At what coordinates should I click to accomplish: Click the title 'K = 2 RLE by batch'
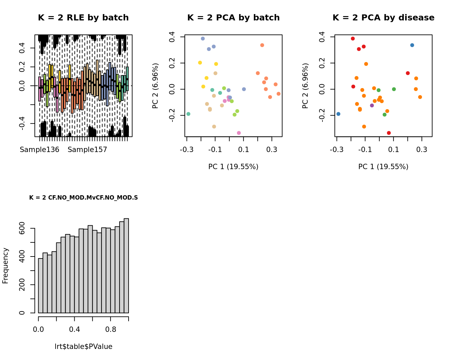(83, 18)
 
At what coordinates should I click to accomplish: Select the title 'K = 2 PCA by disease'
(383, 18)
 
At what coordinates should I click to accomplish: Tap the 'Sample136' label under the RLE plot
(40, 150)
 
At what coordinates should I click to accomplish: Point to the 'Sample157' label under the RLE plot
(87, 150)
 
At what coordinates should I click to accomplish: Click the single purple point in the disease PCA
(372, 105)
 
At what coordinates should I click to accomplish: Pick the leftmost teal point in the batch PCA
(189, 114)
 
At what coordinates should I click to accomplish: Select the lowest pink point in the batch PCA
(239, 133)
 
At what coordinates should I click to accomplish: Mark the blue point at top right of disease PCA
(412, 45)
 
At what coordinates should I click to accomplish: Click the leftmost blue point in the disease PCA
(339, 114)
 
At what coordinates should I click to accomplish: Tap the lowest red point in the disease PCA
(389, 133)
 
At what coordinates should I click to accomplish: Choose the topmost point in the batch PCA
(203, 39)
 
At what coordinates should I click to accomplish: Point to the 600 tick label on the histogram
(22, 228)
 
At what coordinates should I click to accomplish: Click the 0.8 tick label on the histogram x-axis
(111, 330)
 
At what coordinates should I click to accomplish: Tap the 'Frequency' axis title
(5, 266)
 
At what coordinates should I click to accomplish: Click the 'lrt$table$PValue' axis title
(83, 347)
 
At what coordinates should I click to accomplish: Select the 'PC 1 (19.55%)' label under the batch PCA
(233, 167)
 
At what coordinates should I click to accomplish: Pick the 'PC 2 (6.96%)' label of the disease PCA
(305, 86)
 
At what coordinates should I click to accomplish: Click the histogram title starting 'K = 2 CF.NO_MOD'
(83, 198)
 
